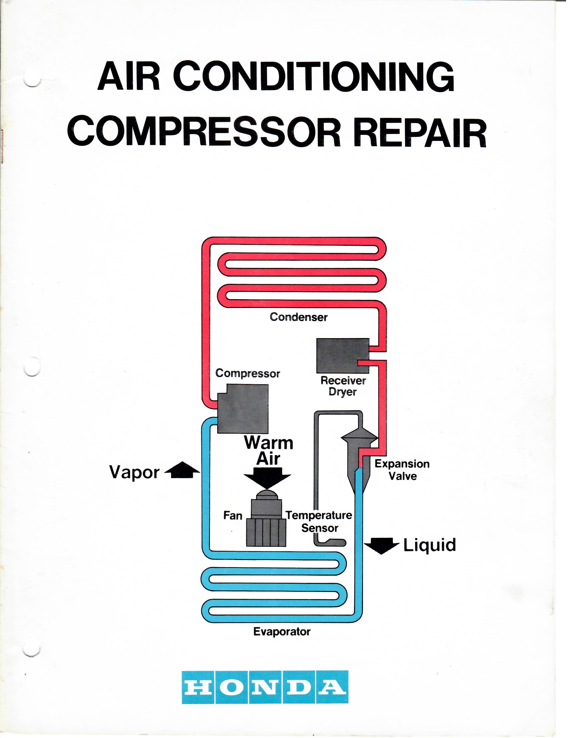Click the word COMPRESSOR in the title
click(206, 131)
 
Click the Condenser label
click(298, 317)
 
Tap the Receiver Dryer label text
click(343, 386)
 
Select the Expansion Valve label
click(402, 470)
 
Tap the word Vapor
click(134, 472)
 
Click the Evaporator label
click(282, 631)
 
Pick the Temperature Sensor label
click(319, 521)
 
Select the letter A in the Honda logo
click(332, 687)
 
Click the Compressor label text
click(248, 373)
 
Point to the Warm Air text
click(268, 450)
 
